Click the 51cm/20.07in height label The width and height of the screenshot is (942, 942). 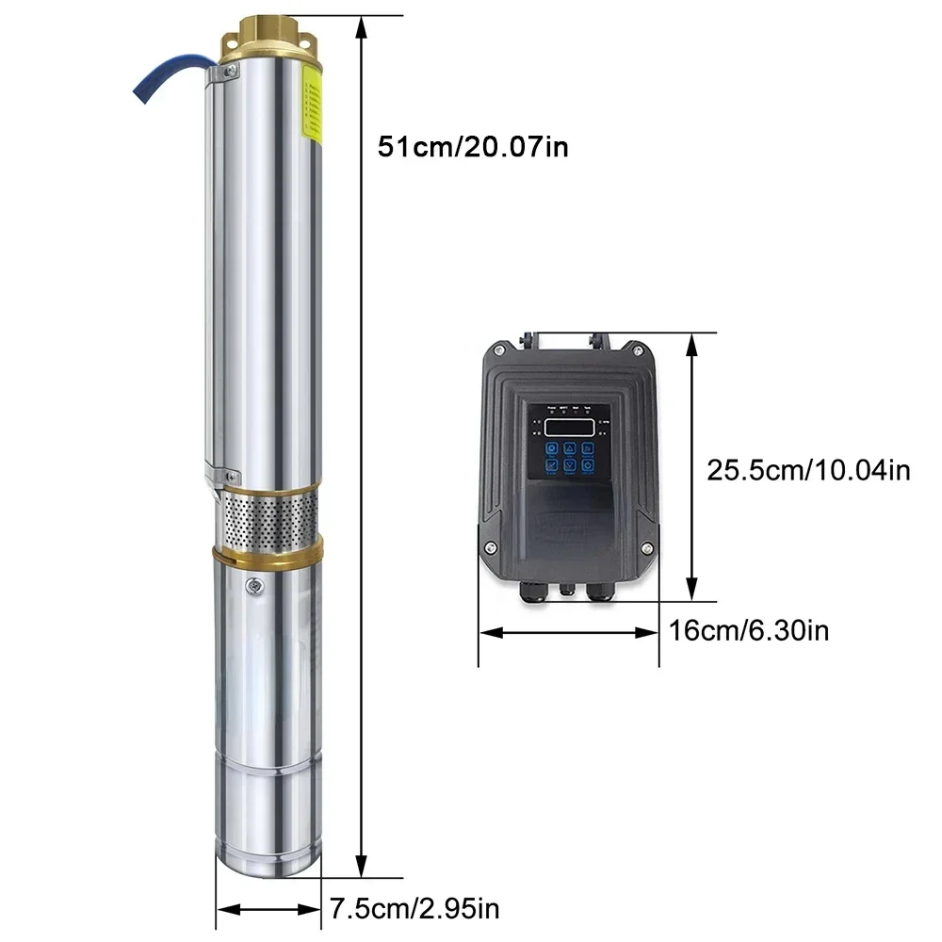coord(473,147)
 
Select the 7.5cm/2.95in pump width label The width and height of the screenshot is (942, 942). coord(414,909)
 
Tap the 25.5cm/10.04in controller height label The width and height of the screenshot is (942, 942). coord(808,469)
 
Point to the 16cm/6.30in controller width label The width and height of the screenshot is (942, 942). coord(749,630)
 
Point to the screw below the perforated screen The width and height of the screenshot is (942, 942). coord(253,588)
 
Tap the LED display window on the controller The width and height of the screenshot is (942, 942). coord(569,427)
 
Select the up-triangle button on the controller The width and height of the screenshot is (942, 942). coord(569,449)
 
